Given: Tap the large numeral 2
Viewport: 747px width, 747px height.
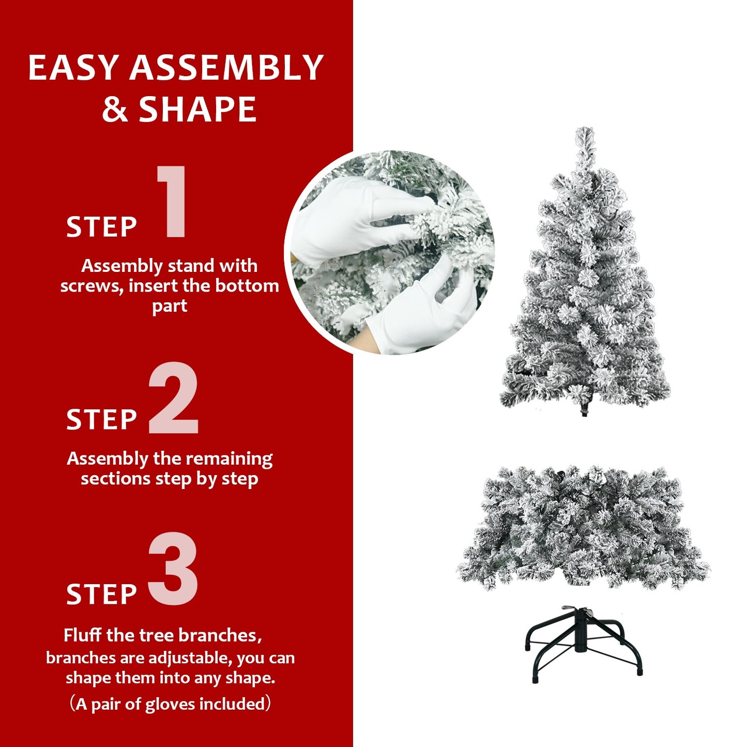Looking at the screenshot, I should click(x=174, y=398).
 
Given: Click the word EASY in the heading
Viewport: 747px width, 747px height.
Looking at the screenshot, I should click(x=73, y=68).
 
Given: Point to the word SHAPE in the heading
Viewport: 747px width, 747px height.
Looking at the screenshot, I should click(x=197, y=110).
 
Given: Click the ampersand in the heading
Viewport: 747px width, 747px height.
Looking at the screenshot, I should click(x=115, y=110).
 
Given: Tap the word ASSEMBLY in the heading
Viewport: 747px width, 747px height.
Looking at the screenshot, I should click(x=226, y=68).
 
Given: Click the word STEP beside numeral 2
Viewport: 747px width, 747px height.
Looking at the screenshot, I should click(x=101, y=419).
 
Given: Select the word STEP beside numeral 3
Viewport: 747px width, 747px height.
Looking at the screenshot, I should click(x=101, y=594).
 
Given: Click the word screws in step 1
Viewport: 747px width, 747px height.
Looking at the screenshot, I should click(x=92, y=286).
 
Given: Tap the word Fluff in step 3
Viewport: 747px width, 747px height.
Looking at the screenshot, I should click(x=83, y=635).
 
